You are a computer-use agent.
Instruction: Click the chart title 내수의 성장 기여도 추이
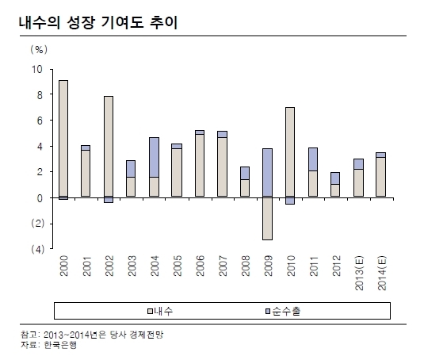tap(98, 22)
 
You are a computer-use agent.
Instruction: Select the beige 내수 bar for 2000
tap(63, 138)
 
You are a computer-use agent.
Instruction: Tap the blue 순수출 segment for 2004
tap(154, 158)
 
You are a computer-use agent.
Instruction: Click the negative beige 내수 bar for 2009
tap(267, 218)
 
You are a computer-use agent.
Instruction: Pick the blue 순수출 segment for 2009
tap(267, 172)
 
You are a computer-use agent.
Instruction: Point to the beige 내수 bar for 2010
tap(290, 151)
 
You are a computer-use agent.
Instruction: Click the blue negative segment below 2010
tap(290, 200)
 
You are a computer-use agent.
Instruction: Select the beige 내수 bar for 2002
tap(109, 146)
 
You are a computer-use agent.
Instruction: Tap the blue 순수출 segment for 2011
tap(313, 159)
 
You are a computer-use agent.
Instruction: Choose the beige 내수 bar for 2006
tap(200, 165)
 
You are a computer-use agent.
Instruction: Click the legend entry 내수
tap(160, 311)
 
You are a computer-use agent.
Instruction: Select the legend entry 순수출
tap(283, 311)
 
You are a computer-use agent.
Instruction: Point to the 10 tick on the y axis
tap(37, 70)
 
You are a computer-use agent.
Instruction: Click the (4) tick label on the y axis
tap(37, 249)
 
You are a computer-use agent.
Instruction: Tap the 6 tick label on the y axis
tap(40, 121)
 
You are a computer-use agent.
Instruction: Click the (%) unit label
tap(39, 49)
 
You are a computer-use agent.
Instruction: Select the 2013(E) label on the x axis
tap(359, 274)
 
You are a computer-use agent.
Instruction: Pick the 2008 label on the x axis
tap(245, 266)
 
